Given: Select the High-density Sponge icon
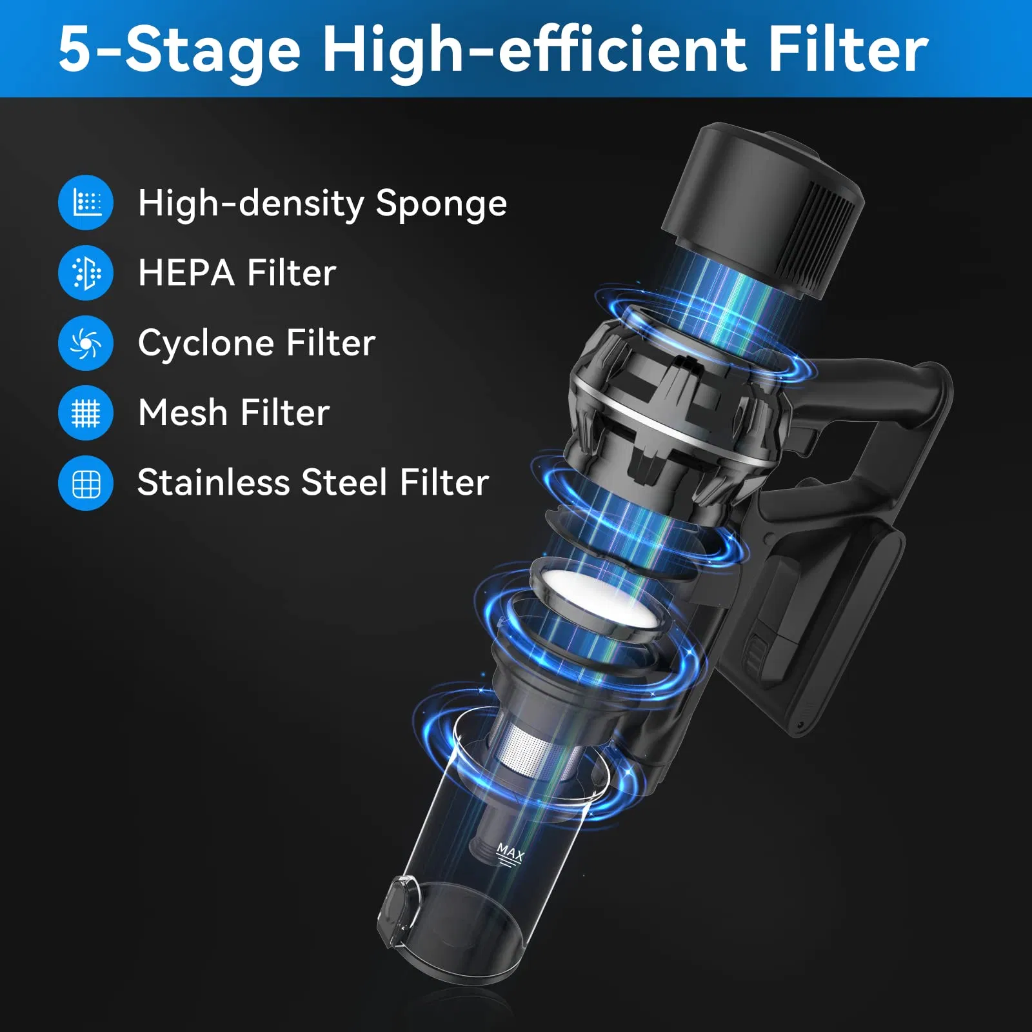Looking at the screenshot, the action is pyautogui.click(x=86, y=203).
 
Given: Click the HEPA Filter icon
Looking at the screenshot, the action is pyautogui.click(x=86, y=272).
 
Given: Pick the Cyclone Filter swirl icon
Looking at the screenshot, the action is pyautogui.click(x=86, y=342).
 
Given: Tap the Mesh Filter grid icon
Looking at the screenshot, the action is pyautogui.click(x=86, y=413).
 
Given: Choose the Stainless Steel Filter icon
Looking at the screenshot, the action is pyautogui.click(x=86, y=483).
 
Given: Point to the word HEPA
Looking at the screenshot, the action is pyautogui.click(x=186, y=273).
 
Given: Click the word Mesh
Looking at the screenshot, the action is pyautogui.click(x=183, y=413).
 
